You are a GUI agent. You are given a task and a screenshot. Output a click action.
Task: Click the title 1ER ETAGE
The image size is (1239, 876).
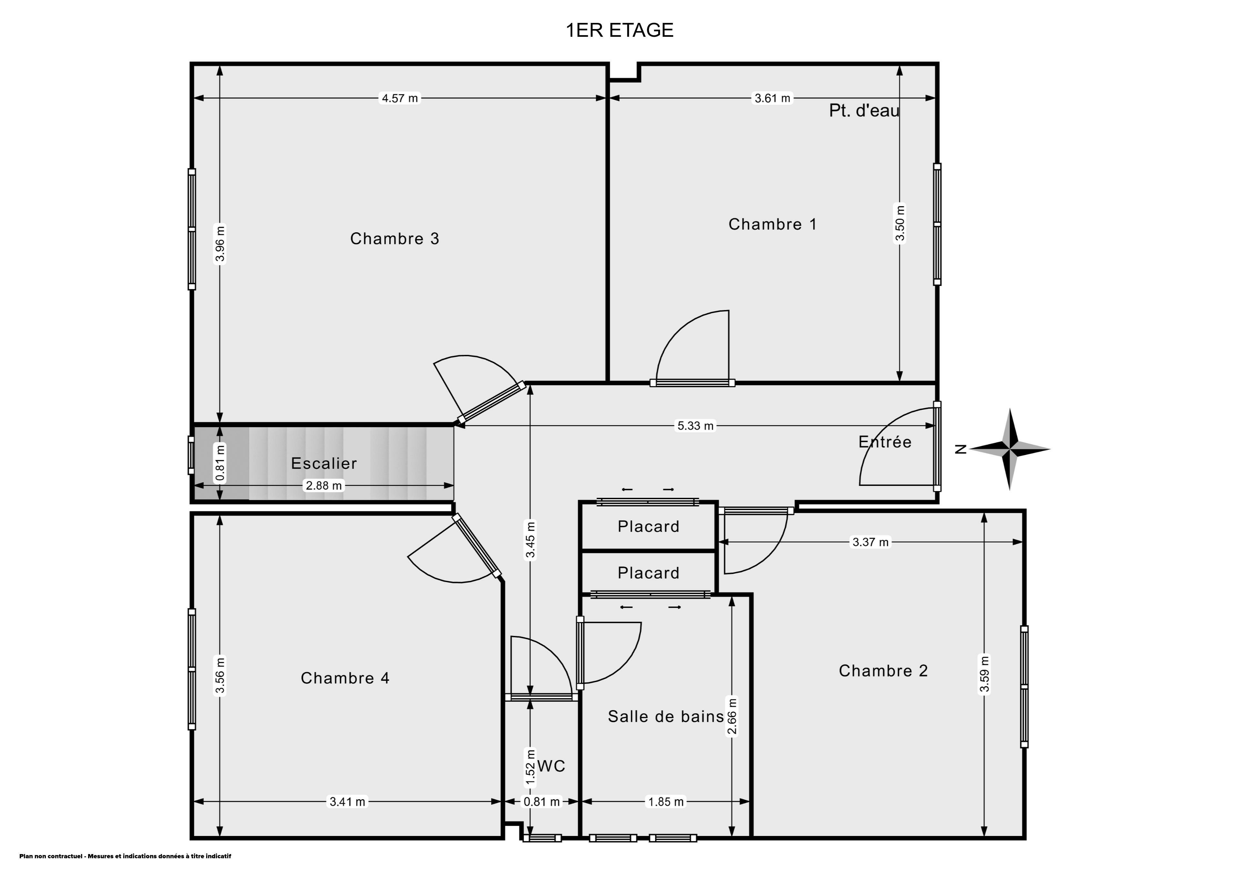619,30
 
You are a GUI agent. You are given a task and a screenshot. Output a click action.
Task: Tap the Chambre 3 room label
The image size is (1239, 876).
395,238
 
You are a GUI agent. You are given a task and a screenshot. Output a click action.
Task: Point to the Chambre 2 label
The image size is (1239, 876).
883,670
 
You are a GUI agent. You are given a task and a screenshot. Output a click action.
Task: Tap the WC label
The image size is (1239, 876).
551,766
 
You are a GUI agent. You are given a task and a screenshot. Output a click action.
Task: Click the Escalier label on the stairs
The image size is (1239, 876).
324,463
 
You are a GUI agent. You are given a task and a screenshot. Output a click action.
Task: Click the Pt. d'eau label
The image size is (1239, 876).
864,111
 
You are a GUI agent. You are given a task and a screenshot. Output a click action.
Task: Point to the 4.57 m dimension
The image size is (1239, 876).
400,98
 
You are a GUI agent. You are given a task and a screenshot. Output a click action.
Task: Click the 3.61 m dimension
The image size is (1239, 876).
772,98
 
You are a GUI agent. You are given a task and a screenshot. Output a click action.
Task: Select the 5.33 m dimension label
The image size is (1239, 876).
696,426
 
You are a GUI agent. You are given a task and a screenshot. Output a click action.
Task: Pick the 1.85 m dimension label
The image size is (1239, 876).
666,802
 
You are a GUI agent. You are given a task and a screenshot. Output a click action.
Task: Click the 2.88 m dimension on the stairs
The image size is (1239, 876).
324,486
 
